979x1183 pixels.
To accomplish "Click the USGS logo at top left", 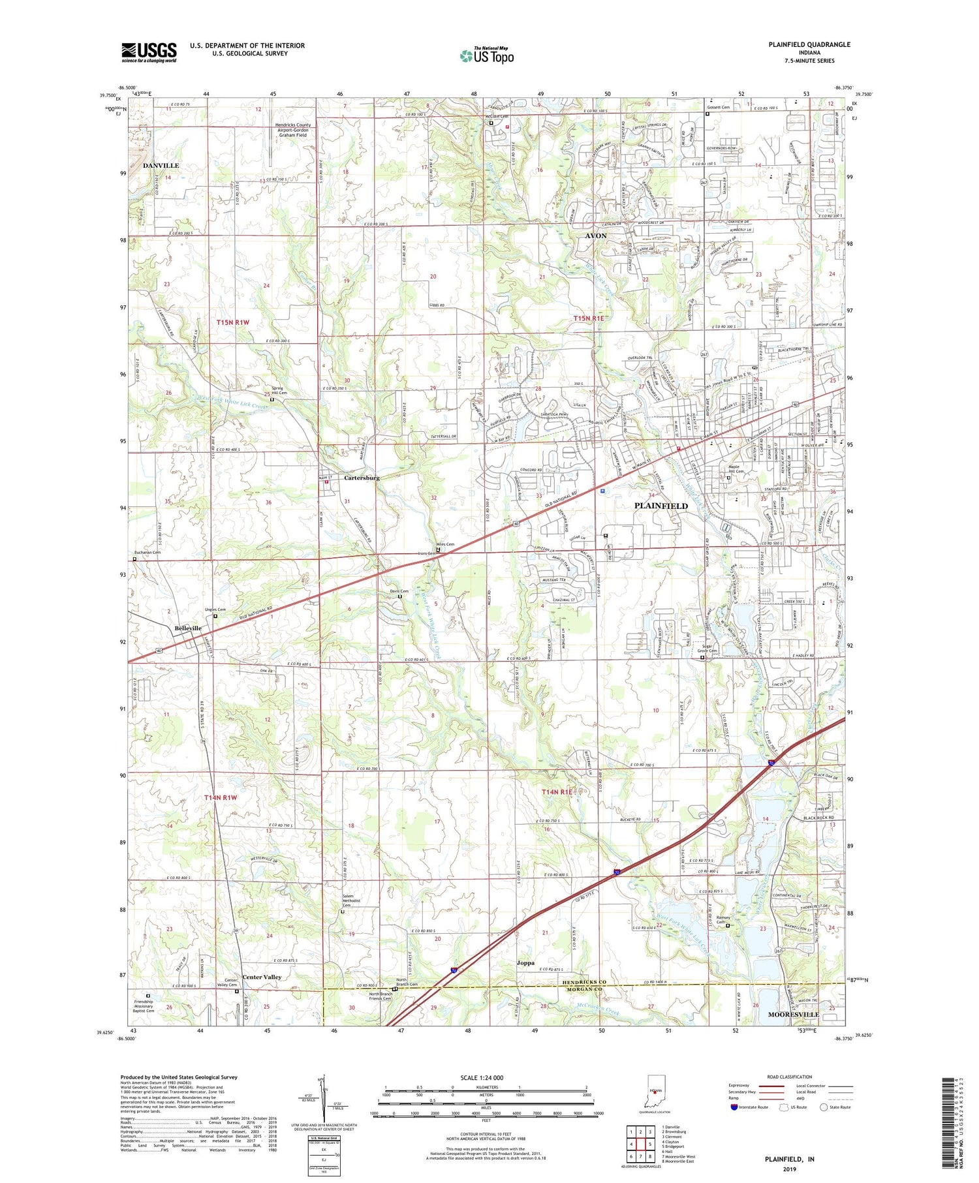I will (149, 52).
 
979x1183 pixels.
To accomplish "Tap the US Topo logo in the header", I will (487, 56).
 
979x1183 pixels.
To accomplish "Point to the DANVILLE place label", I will (161, 166).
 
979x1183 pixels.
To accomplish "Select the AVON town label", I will (595, 236).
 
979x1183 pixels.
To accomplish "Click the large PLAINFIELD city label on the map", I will (660, 506).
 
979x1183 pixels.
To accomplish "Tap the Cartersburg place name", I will (362, 478).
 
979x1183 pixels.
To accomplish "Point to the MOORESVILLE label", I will (793, 1015).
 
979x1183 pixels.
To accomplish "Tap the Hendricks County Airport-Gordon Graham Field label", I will (293, 130).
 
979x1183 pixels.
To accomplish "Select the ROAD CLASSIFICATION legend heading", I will (790, 1077).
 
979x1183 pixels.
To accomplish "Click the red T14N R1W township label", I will (220, 798).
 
